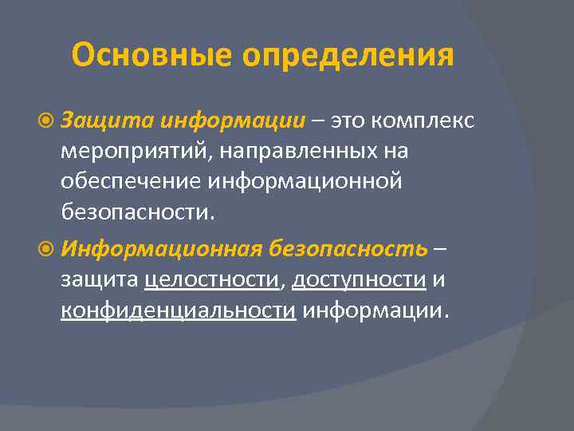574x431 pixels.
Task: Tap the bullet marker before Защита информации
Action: tap(49, 120)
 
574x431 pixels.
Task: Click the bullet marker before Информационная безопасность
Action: tap(49, 248)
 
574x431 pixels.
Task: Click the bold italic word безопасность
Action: tap(348, 248)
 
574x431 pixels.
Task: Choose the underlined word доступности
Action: tap(359, 279)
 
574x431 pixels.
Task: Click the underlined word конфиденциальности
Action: tap(178, 310)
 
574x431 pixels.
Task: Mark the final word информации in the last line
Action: tap(374, 310)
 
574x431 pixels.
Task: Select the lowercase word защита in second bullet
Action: tap(100, 279)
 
